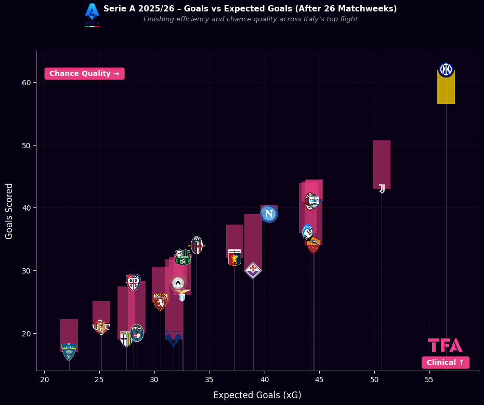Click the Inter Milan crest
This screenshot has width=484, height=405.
coord(446,70)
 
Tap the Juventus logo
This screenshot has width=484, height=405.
coord(382,188)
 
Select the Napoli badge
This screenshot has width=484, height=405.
coord(269,214)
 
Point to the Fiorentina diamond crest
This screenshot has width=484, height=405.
coord(253,270)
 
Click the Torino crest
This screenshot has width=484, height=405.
coord(160,301)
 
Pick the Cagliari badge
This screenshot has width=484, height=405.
coord(133,282)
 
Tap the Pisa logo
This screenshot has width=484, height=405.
coord(137,333)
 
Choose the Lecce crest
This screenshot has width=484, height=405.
coord(69,351)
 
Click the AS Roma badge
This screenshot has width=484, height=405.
coord(313,245)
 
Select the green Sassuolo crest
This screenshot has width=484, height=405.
coord(182,257)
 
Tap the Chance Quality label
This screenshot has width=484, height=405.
coord(84,74)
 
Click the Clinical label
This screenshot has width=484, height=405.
coord(445,362)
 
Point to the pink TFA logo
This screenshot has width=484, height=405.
coord(445,345)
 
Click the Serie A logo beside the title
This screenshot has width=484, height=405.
coord(92,14)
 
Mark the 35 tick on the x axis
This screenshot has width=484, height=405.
coord(210,380)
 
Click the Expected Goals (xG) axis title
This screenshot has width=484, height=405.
coord(257,395)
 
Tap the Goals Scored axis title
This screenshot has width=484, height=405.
coord(9,211)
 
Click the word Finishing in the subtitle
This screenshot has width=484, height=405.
coord(158,19)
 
